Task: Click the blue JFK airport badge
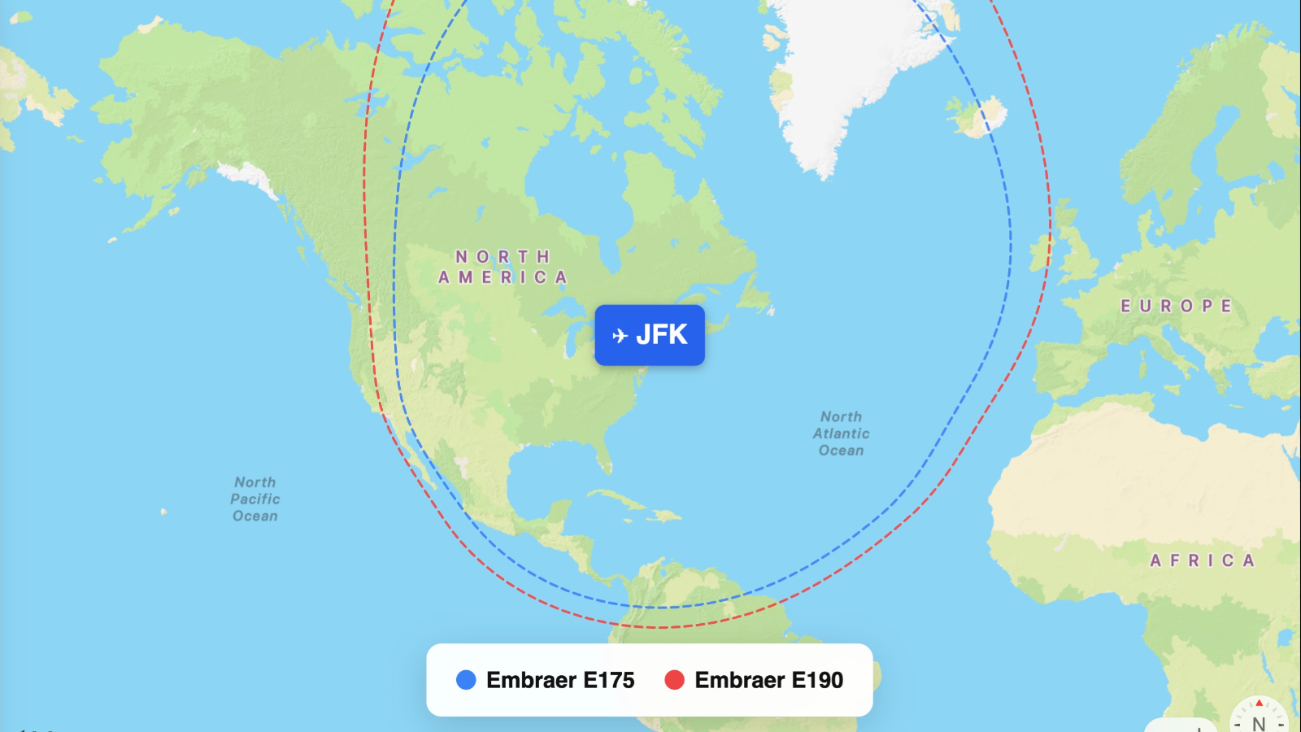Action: [x=650, y=335]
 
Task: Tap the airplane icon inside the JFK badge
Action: [x=620, y=335]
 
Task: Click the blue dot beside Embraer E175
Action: [x=466, y=680]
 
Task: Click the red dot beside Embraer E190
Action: [x=674, y=680]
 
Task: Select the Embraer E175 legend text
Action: [x=560, y=680]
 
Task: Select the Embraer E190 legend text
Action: [x=768, y=680]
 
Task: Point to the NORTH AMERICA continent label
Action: [x=503, y=267]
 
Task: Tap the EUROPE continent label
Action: [x=1176, y=306]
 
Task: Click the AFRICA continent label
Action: [x=1203, y=560]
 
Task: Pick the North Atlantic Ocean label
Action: [x=841, y=434]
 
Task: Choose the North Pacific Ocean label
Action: [x=255, y=499]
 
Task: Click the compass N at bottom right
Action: [x=1259, y=722]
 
